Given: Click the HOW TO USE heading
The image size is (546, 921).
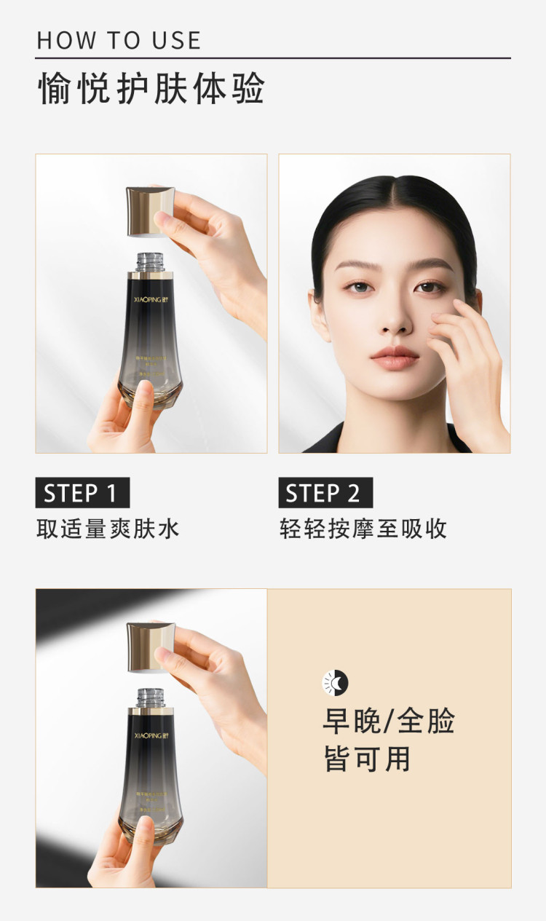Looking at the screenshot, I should [119, 40].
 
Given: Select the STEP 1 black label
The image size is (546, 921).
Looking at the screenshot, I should [82, 493].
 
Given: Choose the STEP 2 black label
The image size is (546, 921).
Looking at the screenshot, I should [325, 493].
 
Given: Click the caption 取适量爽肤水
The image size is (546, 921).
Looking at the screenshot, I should [108, 529].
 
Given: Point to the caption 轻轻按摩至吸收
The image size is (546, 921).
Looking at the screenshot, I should [363, 529].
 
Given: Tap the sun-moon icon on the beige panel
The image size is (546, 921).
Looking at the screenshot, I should [336, 682].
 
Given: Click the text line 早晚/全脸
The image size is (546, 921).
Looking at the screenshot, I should [389, 721].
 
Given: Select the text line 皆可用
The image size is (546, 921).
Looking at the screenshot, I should [367, 759].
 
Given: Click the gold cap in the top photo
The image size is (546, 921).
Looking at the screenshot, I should [151, 212].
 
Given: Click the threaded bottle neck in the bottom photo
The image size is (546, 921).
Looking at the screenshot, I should [149, 697].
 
